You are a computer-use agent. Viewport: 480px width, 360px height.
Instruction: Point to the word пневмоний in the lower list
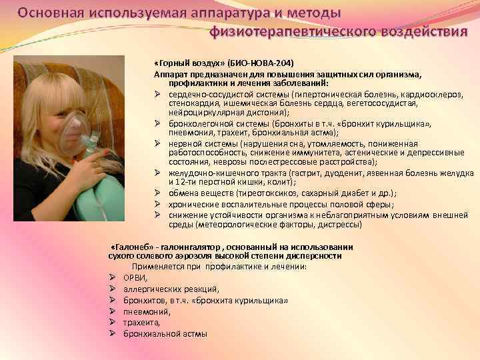[147, 311]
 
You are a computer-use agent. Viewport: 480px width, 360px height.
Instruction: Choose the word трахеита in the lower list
[141, 323]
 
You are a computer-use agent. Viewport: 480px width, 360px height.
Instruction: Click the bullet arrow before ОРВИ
[113, 277]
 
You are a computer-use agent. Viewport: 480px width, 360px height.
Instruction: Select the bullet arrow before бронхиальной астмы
[113, 333]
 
